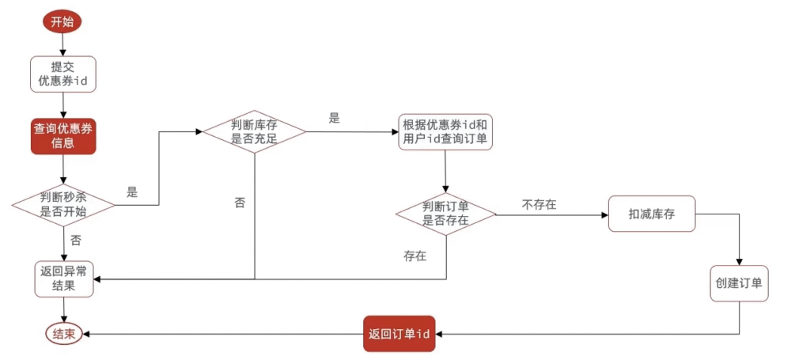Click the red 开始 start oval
[62, 22]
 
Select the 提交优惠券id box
[62, 73]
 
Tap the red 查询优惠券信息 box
[62, 135]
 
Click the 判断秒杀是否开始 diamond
[63, 205]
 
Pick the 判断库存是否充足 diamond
[254, 131]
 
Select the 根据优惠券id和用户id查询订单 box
[445, 131]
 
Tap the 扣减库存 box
[652, 214]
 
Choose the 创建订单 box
[739, 282]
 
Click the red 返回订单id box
[399, 334]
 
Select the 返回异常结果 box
[63, 279]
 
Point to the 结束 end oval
[63, 334]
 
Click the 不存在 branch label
[539, 205]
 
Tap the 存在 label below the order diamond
[414, 256]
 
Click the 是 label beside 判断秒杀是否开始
[132, 192]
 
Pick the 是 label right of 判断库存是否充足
[334, 118]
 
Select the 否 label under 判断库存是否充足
[240, 203]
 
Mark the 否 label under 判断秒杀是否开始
[76, 240]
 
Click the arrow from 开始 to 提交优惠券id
[62, 45]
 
